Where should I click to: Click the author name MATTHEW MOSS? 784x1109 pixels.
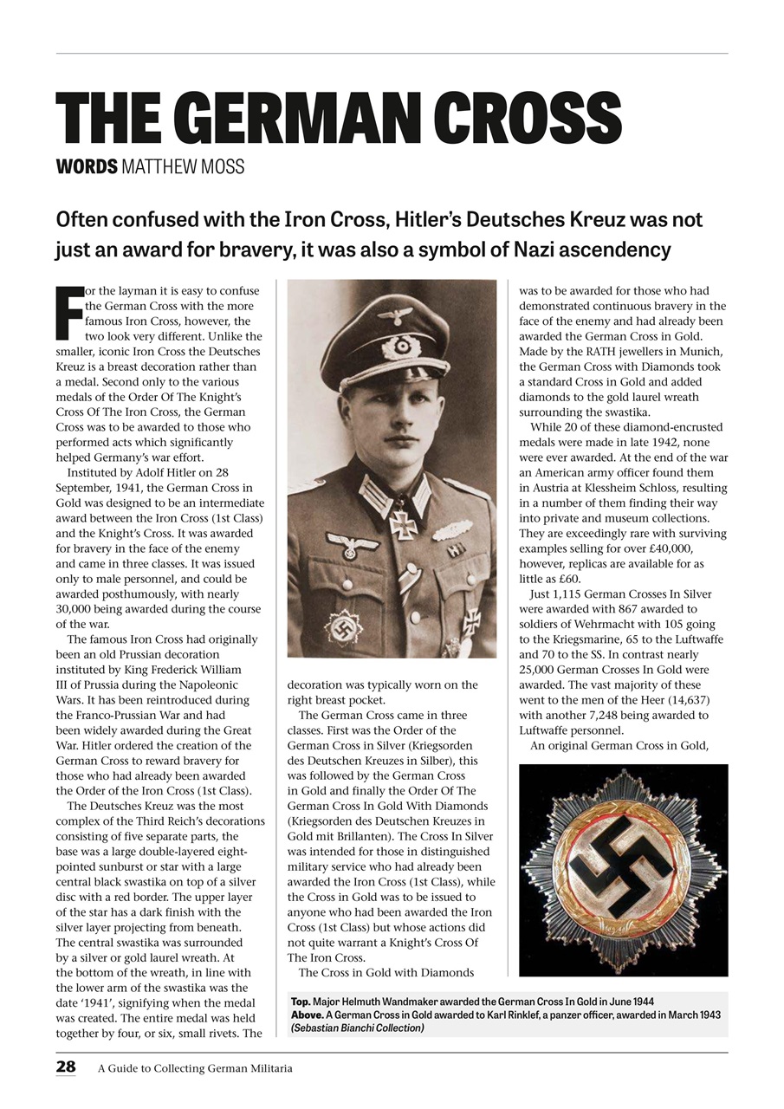coord(183,166)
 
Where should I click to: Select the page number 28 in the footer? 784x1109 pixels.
coord(66,1067)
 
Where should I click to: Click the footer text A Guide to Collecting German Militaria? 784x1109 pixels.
coord(195,1068)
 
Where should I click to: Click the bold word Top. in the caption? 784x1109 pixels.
coord(301,1002)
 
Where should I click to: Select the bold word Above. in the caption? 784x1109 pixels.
coord(308,1015)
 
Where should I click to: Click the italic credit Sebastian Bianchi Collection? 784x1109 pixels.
coord(358,1028)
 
